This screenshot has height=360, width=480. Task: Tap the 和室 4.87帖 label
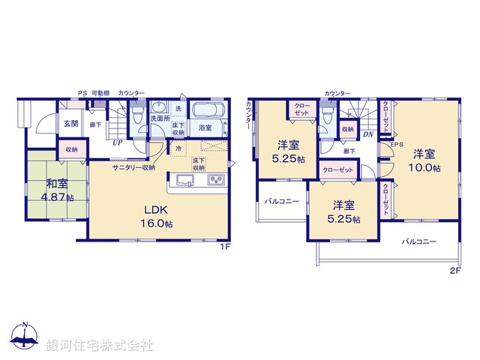[x=58, y=190]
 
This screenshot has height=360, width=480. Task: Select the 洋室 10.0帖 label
[x=424, y=160]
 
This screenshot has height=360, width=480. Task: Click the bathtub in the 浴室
[x=206, y=112]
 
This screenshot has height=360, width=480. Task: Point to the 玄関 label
[x=70, y=124]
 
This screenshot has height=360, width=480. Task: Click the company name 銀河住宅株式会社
[x=100, y=346]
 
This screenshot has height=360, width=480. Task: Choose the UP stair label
[x=118, y=142]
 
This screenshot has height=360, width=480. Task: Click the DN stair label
[x=367, y=134]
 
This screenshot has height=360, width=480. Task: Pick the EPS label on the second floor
[x=397, y=144]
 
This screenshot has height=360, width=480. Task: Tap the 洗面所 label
[x=160, y=118]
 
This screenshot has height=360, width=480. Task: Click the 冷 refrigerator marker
[x=178, y=148]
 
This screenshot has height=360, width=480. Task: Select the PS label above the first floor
[x=82, y=93]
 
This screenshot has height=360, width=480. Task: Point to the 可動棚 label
[x=101, y=93]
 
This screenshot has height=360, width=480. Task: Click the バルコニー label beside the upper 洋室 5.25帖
[x=281, y=201]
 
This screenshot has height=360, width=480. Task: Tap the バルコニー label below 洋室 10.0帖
[x=418, y=241]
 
